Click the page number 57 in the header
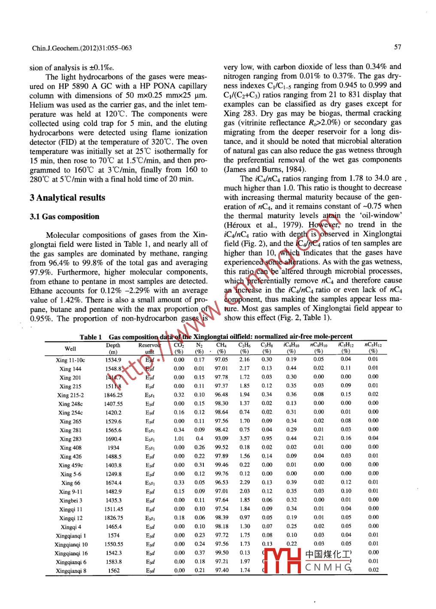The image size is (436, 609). click(x=397, y=47)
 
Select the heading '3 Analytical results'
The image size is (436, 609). click(x=67, y=198)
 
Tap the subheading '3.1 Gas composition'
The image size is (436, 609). click(x=64, y=217)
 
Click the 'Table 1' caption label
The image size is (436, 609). click(x=91, y=337)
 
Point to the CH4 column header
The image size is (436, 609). click(x=221, y=345)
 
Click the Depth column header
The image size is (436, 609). click(x=113, y=345)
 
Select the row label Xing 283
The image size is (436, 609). click(x=70, y=439)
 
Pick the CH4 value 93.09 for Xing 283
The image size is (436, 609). click(x=221, y=439)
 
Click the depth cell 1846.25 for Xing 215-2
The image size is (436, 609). click(x=113, y=395)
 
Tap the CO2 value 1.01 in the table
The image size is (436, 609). click(x=179, y=439)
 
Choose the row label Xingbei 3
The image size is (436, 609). click(x=71, y=500)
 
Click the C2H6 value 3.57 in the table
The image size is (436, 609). click(x=245, y=439)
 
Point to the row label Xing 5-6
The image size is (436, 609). click(x=71, y=474)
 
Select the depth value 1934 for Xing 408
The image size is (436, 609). click(x=113, y=448)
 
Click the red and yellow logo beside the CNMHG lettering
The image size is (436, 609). click(x=282, y=561)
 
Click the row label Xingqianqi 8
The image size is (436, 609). click(x=71, y=571)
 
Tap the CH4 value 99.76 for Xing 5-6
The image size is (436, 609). click(x=221, y=474)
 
